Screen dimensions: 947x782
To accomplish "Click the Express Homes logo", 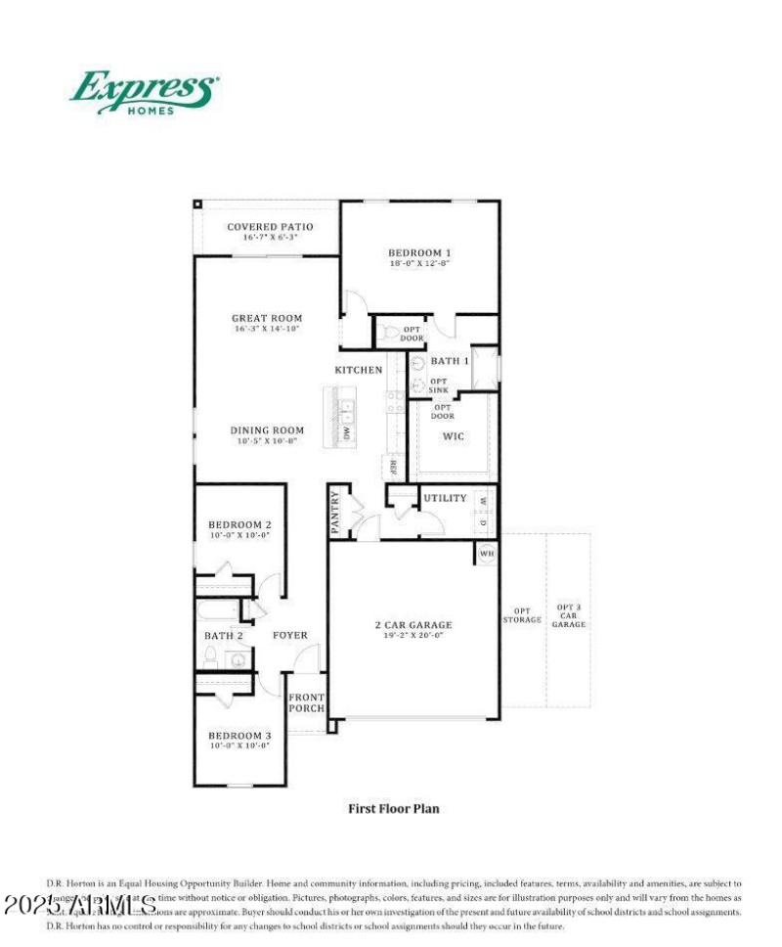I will (144, 91).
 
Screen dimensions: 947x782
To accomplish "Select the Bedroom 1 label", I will (419, 251).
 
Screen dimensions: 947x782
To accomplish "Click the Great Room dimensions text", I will (267, 330).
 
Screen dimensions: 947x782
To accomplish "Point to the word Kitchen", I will (359, 370).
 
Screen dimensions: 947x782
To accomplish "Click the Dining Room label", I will (267, 430).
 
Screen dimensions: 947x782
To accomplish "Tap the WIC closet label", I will (454, 435).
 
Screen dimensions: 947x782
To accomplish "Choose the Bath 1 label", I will (451, 361).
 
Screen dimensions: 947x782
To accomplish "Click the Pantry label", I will (335, 512).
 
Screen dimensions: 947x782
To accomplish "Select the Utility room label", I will (445, 498).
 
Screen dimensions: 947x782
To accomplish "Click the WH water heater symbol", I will (487, 554).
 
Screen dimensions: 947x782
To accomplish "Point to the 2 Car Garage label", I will (413, 625).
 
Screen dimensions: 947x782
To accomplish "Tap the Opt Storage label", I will (521, 613).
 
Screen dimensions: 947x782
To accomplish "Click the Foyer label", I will (289, 635).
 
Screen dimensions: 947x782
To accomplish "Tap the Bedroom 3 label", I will (239, 735).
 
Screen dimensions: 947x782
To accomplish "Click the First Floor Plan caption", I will (394, 809).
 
